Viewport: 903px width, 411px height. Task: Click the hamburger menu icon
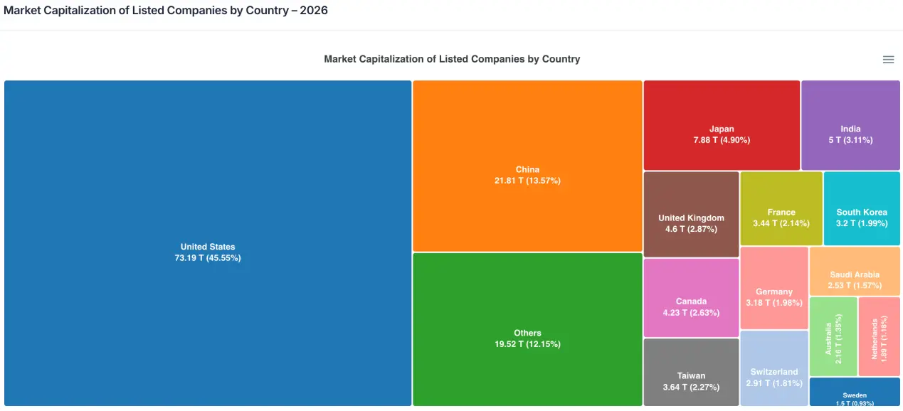pos(888,60)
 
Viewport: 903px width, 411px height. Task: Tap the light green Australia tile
pos(833,336)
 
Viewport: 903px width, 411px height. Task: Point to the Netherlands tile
pos(880,336)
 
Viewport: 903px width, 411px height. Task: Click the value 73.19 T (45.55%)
pos(208,258)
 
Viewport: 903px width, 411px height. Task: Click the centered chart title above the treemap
pos(452,59)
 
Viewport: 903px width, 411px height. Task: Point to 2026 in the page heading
pos(314,11)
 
